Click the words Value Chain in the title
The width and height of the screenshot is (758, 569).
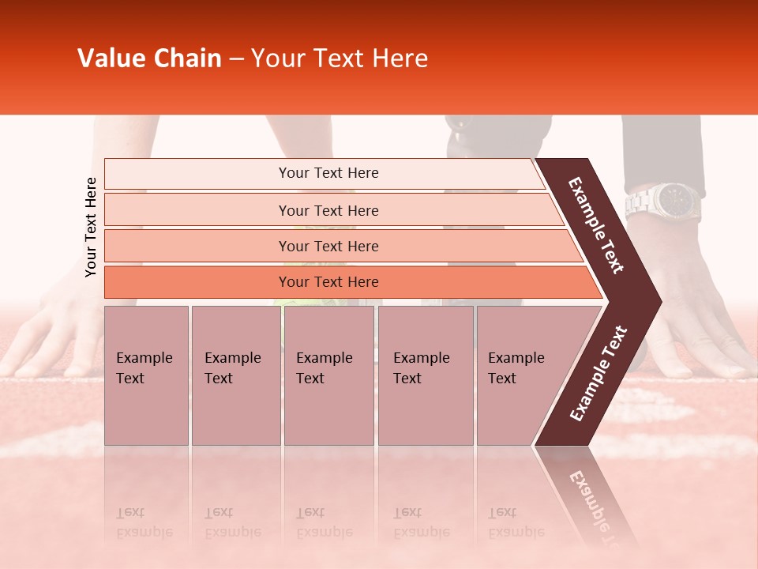pyautogui.click(x=149, y=58)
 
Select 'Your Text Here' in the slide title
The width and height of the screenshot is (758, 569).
pyautogui.click(x=340, y=58)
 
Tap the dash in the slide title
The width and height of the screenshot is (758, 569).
pyautogui.click(x=236, y=59)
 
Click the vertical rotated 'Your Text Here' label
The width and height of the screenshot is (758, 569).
pyautogui.click(x=91, y=227)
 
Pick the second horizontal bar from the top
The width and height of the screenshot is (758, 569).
pyautogui.click(x=328, y=210)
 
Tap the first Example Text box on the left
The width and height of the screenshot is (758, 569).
pyautogui.click(x=146, y=375)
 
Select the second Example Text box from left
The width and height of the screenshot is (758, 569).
pyautogui.click(x=235, y=375)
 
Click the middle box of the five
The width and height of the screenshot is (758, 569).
pyautogui.click(x=328, y=375)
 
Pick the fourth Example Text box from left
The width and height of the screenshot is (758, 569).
pyautogui.click(x=426, y=375)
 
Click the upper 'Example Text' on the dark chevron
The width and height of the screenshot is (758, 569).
pyautogui.click(x=596, y=225)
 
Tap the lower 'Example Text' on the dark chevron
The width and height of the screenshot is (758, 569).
pyautogui.click(x=599, y=374)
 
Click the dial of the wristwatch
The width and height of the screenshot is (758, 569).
pyautogui.click(x=677, y=200)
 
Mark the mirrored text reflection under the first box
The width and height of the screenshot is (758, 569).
pyautogui.click(x=144, y=522)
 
